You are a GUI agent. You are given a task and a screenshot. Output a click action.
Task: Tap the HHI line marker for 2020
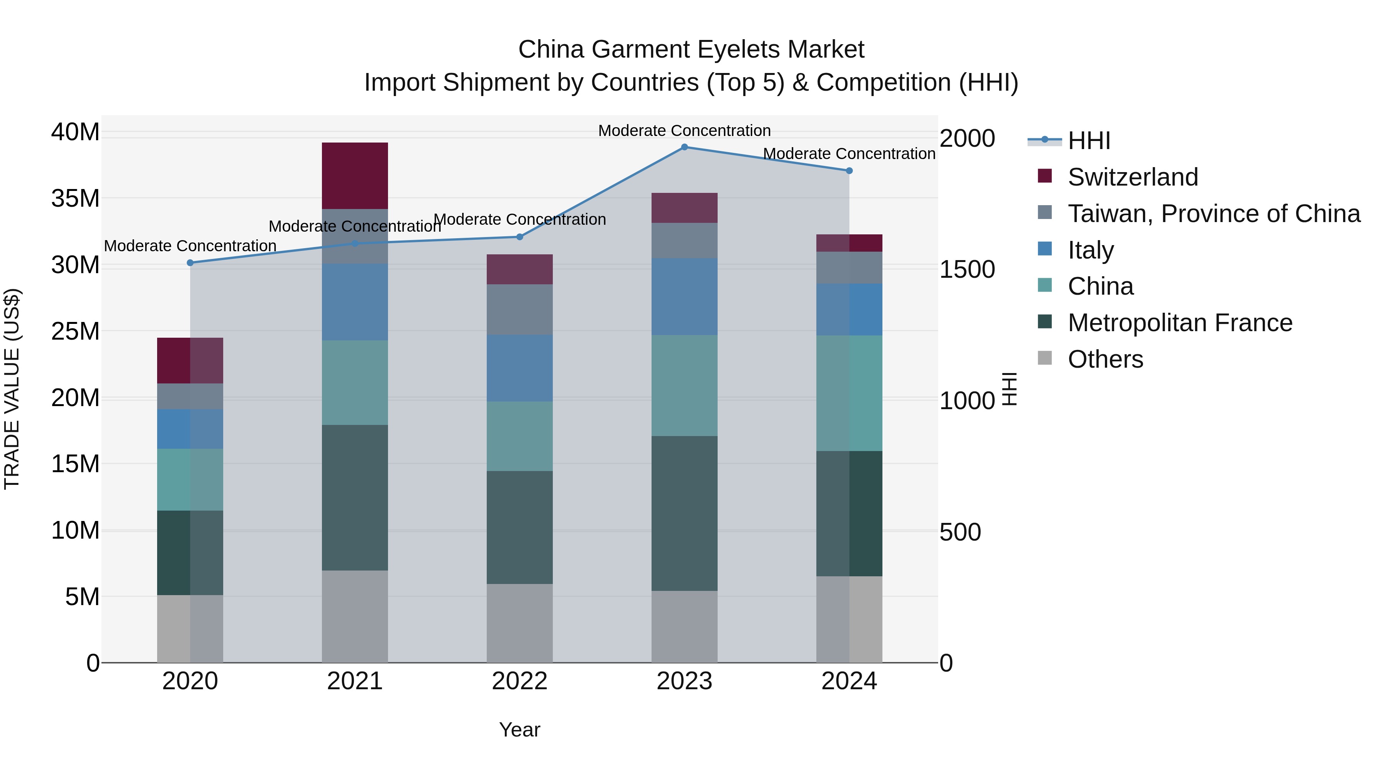[x=190, y=262]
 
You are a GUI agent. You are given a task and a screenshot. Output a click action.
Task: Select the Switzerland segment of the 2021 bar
[x=355, y=176]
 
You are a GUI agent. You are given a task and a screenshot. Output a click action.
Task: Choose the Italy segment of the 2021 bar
[x=355, y=302]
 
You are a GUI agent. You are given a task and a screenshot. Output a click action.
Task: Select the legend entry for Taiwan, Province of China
[x=1213, y=214]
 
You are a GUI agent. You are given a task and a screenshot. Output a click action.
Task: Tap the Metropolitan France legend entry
[x=1179, y=323]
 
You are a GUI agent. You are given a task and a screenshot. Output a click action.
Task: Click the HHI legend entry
[x=1088, y=141]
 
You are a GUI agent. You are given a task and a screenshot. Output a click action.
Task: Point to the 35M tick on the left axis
[x=75, y=199]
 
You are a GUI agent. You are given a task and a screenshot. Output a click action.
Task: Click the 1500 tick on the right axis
[x=967, y=270]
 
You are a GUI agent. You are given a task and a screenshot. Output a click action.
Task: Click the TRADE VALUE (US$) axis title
[x=12, y=389]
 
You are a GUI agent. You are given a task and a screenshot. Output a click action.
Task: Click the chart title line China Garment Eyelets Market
[x=691, y=50]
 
